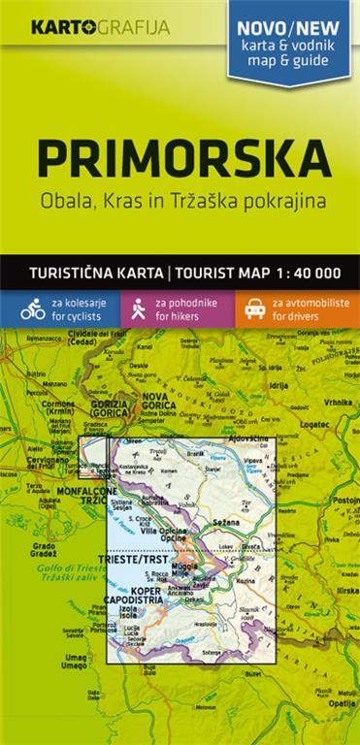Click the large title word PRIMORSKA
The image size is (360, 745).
pos(180,159)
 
